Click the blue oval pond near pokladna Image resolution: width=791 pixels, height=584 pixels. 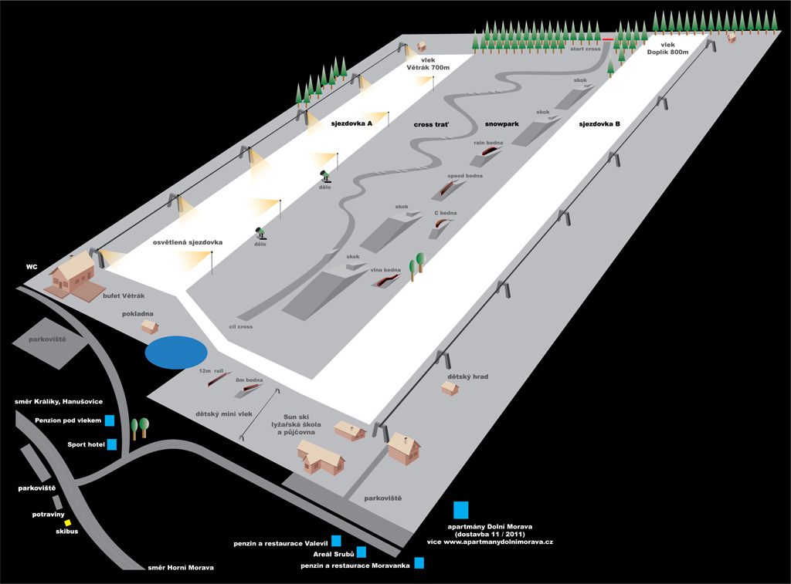pyautogui.click(x=175, y=352)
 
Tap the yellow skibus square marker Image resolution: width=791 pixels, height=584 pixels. pyautogui.click(x=68, y=522)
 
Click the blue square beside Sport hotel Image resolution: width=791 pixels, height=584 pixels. pyautogui.click(x=112, y=444)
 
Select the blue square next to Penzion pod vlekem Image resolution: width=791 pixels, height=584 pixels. pyautogui.click(x=110, y=420)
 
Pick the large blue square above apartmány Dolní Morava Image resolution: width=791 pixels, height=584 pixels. pyautogui.click(x=461, y=509)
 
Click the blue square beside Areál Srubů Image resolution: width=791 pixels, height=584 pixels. pyautogui.click(x=361, y=552)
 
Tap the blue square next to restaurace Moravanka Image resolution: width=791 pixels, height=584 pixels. pyautogui.click(x=419, y=563)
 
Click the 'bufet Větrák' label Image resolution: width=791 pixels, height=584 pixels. pyautogui.click(x=124, y=295)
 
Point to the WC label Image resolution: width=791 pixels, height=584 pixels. pyautogui.click(x=32, y=267)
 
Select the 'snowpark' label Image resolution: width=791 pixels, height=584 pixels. pyautogui.click(x=501, y=123)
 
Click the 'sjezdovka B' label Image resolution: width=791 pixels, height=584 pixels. pyautogui.click(x=602, y=123)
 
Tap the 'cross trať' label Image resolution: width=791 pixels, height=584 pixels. pyautogui.click(x=431, y=123)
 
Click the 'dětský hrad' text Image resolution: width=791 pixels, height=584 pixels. pyautogui.click(x=467, y=377)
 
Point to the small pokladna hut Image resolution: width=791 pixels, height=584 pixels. pyautogui.click(x=150, y=327)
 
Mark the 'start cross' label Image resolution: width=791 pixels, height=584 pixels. pyautogui.click(x=586, y=49)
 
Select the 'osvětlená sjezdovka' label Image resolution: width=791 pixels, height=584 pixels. pyautogui.click(x=188, y=242)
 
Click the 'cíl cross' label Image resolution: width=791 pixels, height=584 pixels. pyautogui.click(x=240, y=327)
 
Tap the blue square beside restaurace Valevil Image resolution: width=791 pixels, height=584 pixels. pyautogui.click(x=336, y=541)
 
